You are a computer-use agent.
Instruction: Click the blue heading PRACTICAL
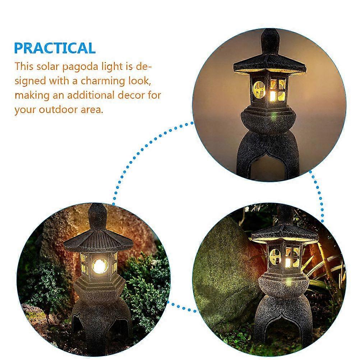click(55, 48)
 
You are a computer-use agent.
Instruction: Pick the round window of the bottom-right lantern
click(275, 256)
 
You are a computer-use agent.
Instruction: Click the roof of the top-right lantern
click(270, 66)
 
